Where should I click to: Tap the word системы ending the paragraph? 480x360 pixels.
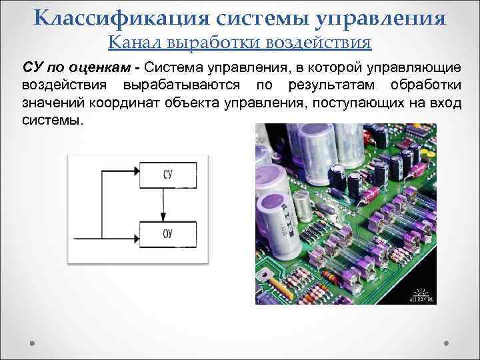click(x=52, y=121)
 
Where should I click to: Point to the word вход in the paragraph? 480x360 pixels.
click(x=443, y=103)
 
